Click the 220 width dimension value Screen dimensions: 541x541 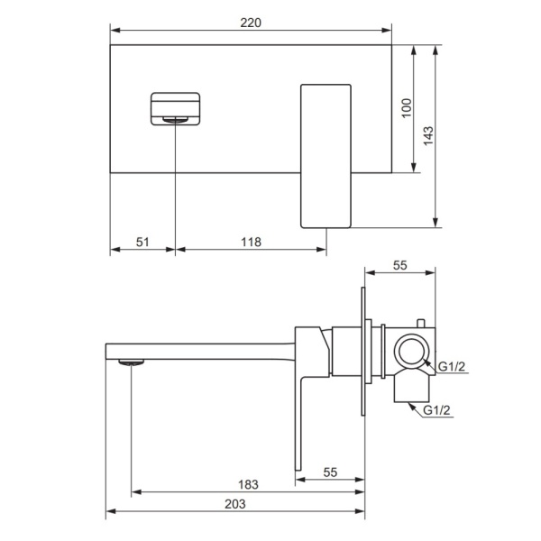251,23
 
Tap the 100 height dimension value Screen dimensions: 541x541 407,108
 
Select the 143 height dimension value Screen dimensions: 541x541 428,135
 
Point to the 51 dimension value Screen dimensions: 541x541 142,243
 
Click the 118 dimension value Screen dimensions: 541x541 251,243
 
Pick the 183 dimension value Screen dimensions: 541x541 248,485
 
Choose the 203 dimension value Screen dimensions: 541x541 235,504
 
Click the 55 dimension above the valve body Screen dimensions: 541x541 399,265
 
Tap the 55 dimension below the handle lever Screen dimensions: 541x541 330,472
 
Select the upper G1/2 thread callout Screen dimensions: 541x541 452,366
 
